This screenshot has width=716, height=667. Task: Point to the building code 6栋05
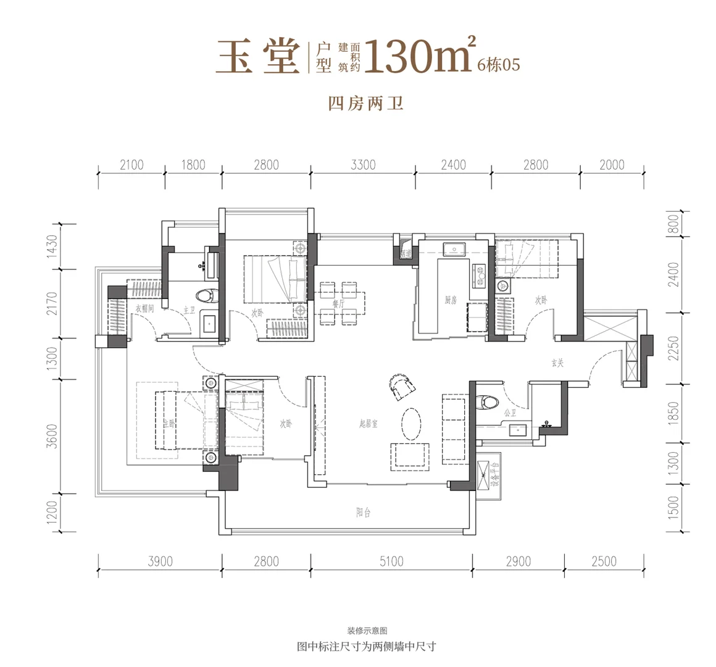coord(499,64)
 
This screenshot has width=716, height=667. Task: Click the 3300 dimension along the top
coord(363,165)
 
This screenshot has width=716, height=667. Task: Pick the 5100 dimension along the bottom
coord(391,561)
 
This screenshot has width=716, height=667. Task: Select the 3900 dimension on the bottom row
coord(160,561)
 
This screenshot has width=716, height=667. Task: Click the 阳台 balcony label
coord(363,513)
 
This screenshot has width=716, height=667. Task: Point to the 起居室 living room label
coord(368,424)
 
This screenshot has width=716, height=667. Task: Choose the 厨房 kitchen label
coord(451,300)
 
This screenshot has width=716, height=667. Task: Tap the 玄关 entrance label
coord(557,363)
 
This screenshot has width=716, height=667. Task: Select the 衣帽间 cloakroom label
coord(144,308)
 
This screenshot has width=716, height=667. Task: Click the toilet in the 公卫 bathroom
coord(489,401)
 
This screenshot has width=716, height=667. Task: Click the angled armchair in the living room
coord(401,387)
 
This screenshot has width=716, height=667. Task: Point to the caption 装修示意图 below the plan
coord(367,631)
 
